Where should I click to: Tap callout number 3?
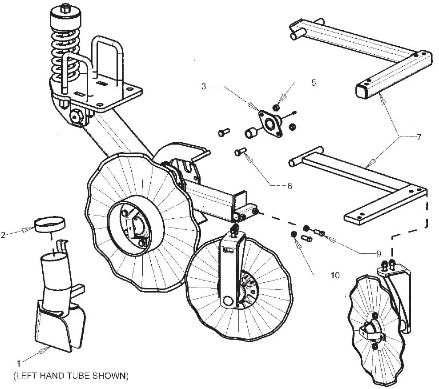204,87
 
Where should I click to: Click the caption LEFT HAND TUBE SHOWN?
71,376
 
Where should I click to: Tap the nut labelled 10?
293,234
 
